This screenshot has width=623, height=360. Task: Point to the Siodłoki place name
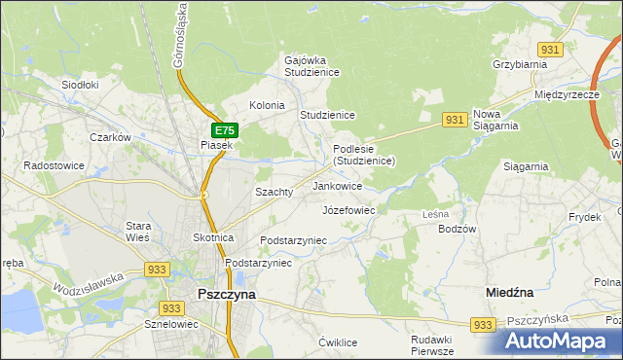tap(81, 85)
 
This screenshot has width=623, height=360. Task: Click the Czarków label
tap(110, 137)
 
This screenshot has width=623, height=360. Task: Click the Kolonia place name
tap(267, 105)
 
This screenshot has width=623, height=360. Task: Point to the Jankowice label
tap(338, 185)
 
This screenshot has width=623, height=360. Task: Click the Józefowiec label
tap(348, 209)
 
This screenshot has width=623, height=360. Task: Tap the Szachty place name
tap(274, 192)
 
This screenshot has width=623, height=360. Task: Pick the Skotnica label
tap(213, 237)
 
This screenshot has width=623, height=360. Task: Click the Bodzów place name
tap(458, 229)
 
